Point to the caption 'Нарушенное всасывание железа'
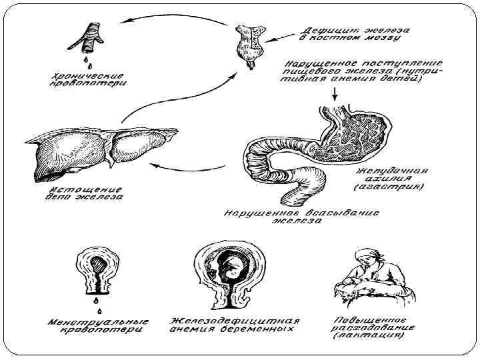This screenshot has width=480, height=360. [301, 217]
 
